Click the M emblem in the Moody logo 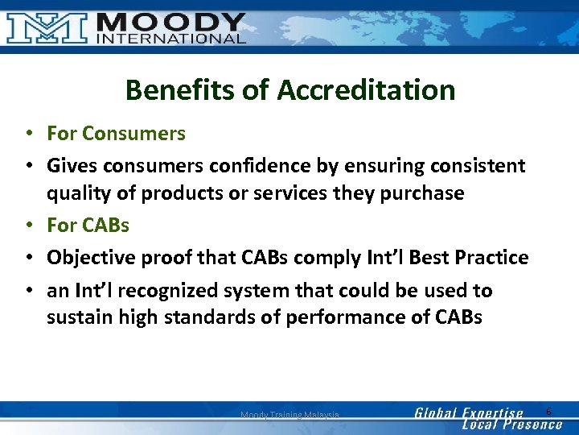(47, 27)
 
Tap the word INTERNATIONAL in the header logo (170, 37)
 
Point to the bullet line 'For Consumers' (116, 134)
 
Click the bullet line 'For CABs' (88, 224)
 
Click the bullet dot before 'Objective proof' (28, 258)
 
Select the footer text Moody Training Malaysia (289, 415)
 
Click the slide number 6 (548, 412)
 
